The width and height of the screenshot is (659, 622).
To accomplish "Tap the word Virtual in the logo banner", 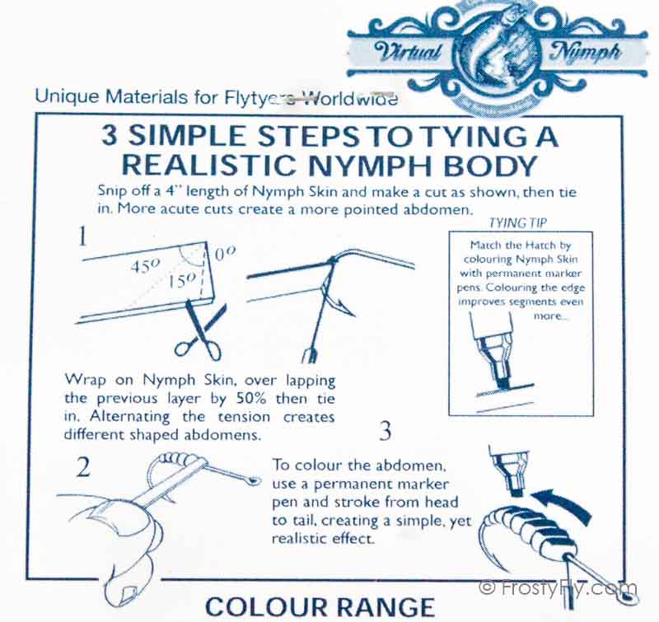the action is (x=407, y=52).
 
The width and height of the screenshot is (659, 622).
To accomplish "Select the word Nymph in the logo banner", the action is (x=585, y=52).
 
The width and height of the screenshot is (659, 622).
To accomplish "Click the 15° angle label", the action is (x=181, y=280).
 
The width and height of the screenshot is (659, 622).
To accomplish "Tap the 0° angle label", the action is (x=225, y=254).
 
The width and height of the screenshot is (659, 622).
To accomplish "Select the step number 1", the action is (x=83, y=236).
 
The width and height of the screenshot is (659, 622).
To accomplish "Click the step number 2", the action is (x=83, y=466).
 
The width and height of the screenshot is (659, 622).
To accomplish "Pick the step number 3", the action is (x=386, y=431).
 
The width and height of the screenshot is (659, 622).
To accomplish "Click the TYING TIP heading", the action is (x=518, y=222).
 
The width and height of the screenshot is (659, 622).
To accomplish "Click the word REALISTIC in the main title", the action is (x=209, y=165).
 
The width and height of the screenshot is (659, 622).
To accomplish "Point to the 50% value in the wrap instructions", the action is (x=251, y=399).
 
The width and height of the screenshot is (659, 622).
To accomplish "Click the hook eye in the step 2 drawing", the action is (x=253, y=481).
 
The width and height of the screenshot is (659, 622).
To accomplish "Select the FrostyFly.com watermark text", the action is (x=559, y=587).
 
